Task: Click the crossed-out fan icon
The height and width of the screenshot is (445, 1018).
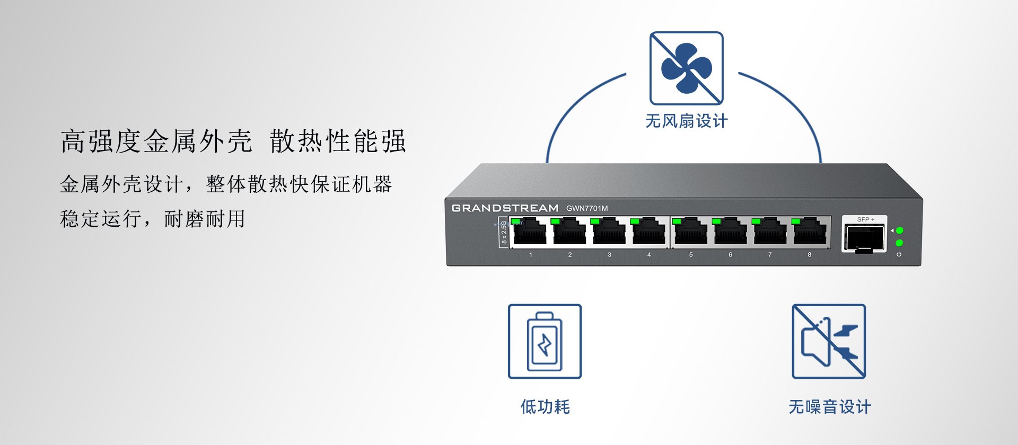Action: coord(687,68)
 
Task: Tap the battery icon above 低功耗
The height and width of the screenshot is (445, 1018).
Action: coord(545,342)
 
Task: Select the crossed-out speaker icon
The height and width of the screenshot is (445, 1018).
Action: coord(829,342)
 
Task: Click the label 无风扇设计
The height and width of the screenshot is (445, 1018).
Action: coord(687,121)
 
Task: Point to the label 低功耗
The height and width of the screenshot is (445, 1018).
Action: coord(545,407)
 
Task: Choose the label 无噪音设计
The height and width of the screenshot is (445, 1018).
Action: coord(830,407)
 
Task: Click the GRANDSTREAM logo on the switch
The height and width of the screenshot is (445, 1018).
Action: coord(505,208)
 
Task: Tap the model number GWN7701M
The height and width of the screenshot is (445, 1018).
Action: coord(587,208)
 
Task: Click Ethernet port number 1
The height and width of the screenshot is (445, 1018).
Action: coord(529,232)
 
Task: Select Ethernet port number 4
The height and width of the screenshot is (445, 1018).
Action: coord(648,232)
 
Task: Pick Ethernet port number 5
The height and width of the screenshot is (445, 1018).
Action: coord(690,232)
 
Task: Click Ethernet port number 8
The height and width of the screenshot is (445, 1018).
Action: coord(810,232)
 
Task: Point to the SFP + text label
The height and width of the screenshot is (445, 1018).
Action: coord(865,219)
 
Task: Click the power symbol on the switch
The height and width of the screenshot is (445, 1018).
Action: coord(899,254)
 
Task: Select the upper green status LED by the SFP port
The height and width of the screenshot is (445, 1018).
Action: coord(899,230)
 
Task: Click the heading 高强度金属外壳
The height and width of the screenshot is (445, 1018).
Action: coord(156,141)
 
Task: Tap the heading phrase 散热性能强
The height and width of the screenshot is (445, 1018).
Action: coord(338,141)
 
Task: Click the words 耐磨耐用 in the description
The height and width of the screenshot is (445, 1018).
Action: coord(205,218)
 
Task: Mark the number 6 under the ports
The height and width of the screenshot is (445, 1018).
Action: coord(730,255)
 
